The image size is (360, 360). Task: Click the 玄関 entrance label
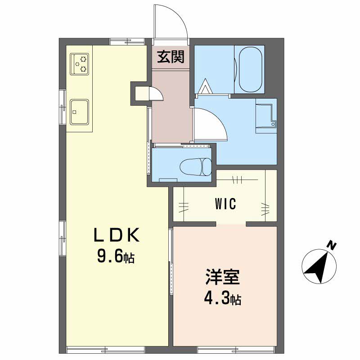pos(170,57)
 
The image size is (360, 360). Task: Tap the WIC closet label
pos(225,204)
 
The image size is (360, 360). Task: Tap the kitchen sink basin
pos(80,111)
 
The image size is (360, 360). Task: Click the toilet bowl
pos(195,167)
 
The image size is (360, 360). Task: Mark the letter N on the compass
pos(332,246)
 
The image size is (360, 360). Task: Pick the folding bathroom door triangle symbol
pos(205,86)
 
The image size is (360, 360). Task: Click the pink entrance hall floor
pos(171,108)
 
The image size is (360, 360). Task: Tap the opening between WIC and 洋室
pos(231,224)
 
